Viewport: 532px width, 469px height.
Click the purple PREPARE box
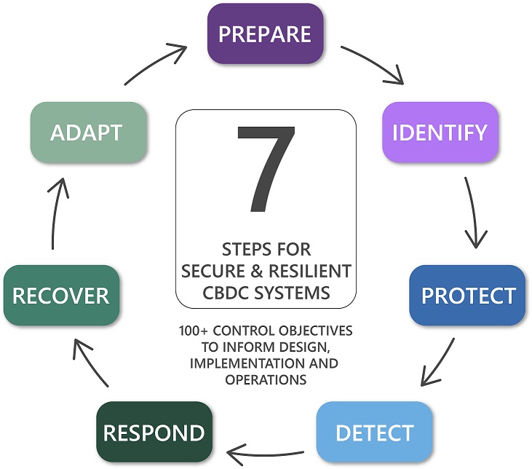265,33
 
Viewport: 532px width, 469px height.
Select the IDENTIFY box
440,132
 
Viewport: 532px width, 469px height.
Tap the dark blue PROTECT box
467,295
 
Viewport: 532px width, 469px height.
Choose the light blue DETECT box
374,432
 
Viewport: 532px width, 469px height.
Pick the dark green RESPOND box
155,433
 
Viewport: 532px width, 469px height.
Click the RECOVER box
60,295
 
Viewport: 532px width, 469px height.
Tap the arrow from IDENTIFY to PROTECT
473,212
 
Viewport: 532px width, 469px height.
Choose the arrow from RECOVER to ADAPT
57,215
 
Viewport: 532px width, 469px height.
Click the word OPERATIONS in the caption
266,379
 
